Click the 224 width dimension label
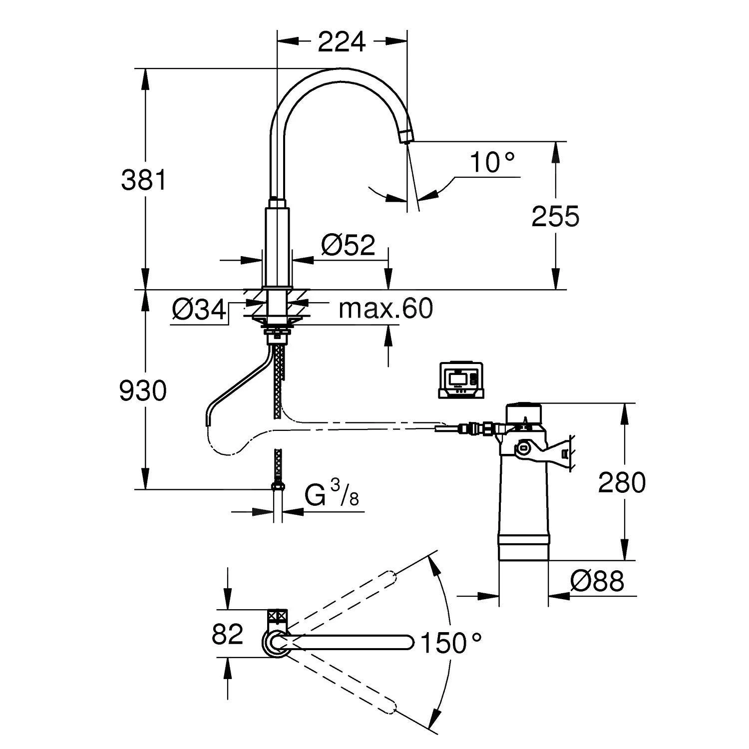click(x=342, y=42)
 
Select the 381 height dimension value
click(x=144, y=180)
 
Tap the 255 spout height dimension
click(x=555, y=216)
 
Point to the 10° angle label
click(x=492, y=163)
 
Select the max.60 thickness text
click(x=385, y=309)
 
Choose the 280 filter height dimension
click(x=622, y=482)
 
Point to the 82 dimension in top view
click(x=227, y=635)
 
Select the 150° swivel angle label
click(x=451, y=643)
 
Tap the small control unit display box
click(x=461, y=380)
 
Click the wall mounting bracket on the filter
click(x=559, y=452)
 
